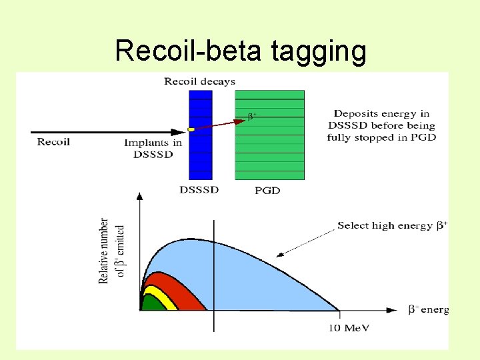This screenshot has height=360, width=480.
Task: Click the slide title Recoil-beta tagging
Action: [x=240, y=51]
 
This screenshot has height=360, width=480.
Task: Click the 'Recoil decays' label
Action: [x=200, y=81]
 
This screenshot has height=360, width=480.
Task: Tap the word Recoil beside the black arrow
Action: [x=53, y=142]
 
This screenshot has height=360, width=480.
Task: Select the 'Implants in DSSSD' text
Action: [x=153, y=148]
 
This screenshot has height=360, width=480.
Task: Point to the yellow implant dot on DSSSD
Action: [x=191, y=129]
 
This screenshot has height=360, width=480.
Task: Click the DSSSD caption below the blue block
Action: [x=199, y=190]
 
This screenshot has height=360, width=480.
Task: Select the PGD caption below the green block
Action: [x=268, y=191]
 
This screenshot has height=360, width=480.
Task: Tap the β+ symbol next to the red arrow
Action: [x=253, y=116]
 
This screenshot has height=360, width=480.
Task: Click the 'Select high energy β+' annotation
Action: [x=392, y=225]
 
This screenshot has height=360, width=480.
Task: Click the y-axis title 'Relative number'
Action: [x=104, y=250]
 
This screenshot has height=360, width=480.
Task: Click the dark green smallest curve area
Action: [x=152, y=303]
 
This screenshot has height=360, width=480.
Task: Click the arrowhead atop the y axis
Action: [x=139, y=196]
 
